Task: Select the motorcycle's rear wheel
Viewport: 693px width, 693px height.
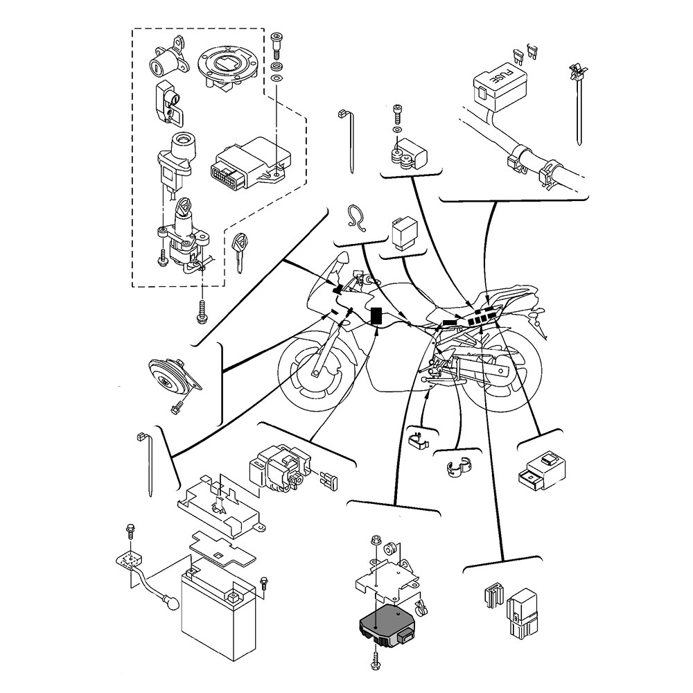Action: pos(502,374)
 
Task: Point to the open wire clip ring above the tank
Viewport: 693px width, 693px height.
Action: pos(358,218)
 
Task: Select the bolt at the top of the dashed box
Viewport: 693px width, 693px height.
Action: pos(277,40)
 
